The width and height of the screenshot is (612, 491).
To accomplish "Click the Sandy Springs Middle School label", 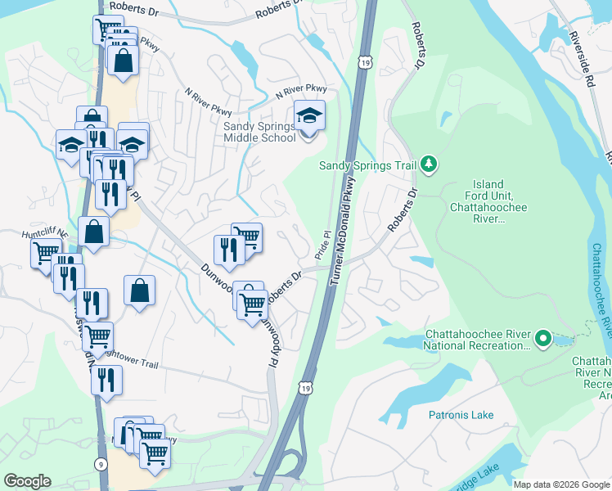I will tap(259, 132).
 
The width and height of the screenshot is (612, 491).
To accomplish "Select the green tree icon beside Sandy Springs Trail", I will tap(429, 165).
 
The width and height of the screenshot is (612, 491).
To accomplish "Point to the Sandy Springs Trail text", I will tap(367, 166).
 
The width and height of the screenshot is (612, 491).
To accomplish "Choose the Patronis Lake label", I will tap(461, 415).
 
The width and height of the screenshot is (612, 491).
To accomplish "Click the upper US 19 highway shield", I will tap(364, 61).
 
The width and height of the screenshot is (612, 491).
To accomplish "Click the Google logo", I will tap(27, 481).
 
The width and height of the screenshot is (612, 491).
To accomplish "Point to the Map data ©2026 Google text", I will tap(560, 484).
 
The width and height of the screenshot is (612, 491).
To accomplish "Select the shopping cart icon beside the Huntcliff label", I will tap(45, 254).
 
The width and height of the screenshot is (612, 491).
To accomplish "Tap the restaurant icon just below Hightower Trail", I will tap(106, 381).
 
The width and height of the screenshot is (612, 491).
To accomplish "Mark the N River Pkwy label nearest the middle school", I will tap(300, 90).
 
